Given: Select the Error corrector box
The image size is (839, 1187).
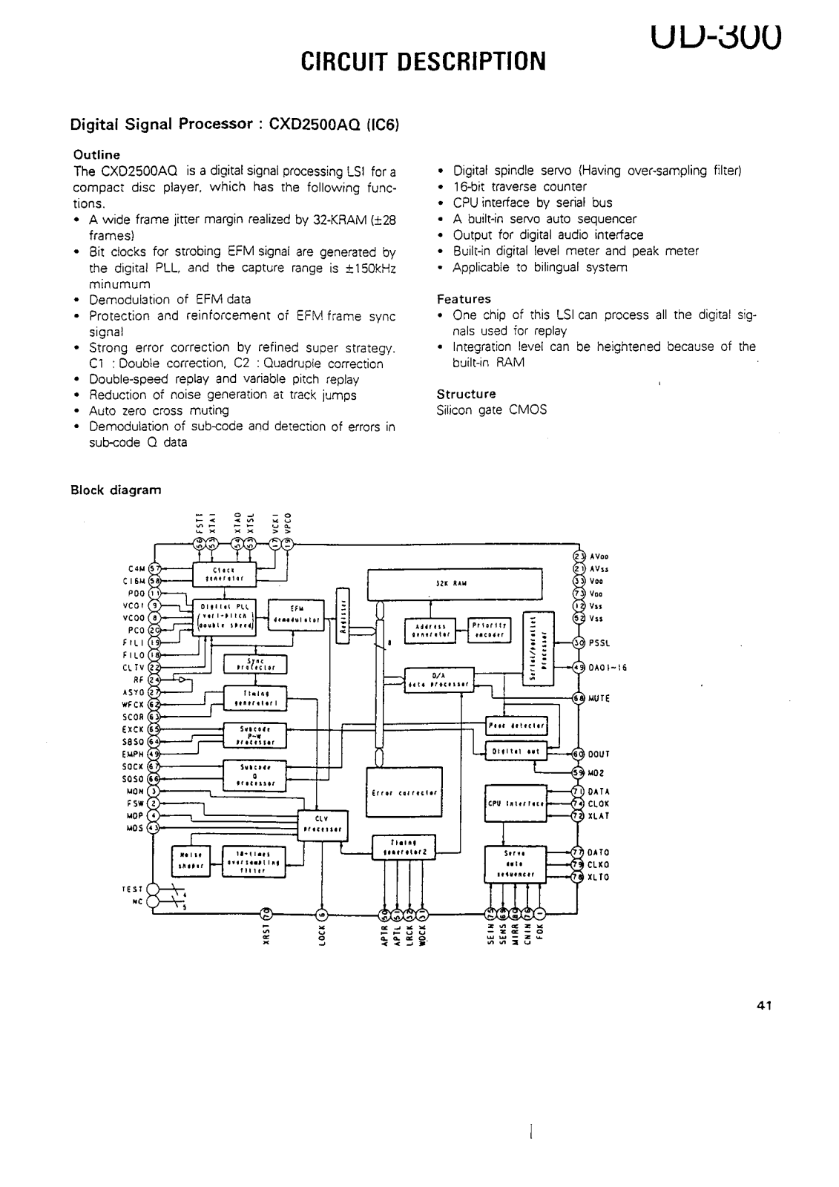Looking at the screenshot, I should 404,792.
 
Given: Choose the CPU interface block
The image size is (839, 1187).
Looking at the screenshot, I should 516,803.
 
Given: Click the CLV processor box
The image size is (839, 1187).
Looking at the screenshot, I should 320,823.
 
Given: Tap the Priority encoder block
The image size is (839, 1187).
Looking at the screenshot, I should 489,630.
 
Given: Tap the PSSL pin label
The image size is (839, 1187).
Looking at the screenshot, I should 599,642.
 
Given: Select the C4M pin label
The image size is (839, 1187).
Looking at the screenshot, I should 136,569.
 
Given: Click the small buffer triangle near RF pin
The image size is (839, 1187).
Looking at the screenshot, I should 181,679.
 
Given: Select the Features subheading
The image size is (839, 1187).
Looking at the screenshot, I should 464,299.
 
